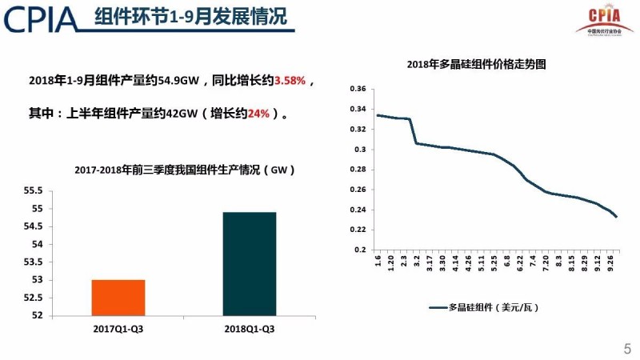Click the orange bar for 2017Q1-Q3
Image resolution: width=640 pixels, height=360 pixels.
pyautogui.click(x=118, y=297)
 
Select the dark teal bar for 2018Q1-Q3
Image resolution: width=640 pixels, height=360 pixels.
pyautogui.click(x=249, y=263)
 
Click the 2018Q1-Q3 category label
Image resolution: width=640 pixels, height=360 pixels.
pyautogui.click(x=249, y=328)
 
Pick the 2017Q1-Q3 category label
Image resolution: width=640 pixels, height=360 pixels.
pyautogui.click(x=118, y=328)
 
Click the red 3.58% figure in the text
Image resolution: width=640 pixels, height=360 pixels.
pyautogui.click(x=290, y=82)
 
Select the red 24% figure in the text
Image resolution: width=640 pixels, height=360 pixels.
pyautogui.click(x=258, y=114)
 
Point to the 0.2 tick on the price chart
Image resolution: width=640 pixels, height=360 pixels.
pyautogui.click(x=361, y=250)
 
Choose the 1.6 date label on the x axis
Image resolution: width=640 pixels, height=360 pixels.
pyautogui.click(x=378, y=262)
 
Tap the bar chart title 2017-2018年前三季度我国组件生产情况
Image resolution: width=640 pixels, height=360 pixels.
pyautogui.click(x=184, y=170)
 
